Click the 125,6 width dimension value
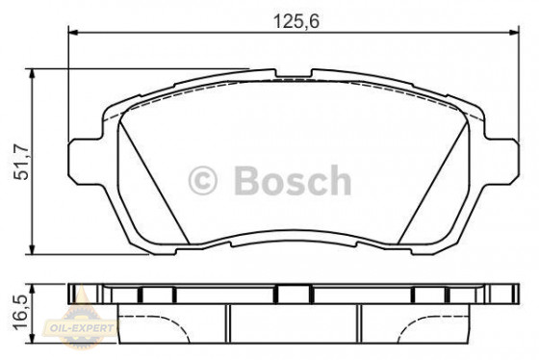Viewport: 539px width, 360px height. point(296,21)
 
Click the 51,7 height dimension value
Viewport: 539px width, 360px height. point(22,163)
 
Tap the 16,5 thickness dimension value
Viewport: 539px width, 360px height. point(21,313)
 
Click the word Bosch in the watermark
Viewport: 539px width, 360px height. point(293,180)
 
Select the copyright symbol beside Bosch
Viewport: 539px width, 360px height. point(202,181)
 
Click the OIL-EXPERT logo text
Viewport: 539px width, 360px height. point(82,328)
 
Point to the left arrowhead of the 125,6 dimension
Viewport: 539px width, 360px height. point(74,33)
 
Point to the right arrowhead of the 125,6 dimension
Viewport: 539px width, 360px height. point(514,33)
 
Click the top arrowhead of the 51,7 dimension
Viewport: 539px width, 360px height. point(32,74)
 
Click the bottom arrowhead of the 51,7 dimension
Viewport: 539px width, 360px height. point(32,249)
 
